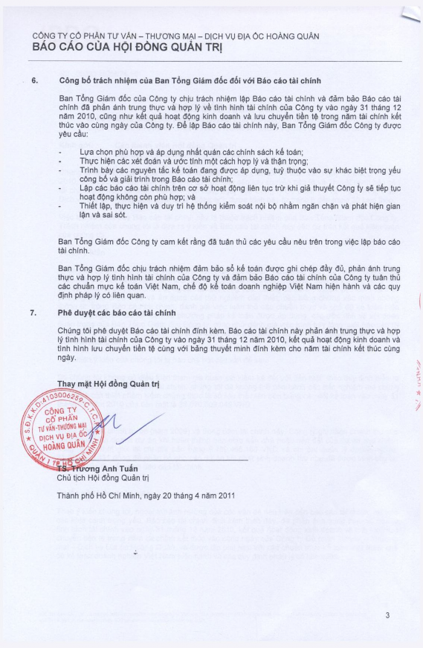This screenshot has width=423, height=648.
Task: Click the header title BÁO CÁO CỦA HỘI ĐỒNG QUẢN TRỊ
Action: (x=128, y=48)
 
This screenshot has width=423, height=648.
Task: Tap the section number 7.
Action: (x=34, y=312)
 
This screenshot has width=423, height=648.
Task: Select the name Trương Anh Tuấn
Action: (x=104, y=469)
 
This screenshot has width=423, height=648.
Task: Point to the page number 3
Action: (x=387, y=615)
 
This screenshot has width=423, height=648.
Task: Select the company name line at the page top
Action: (x=160, y=36)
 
